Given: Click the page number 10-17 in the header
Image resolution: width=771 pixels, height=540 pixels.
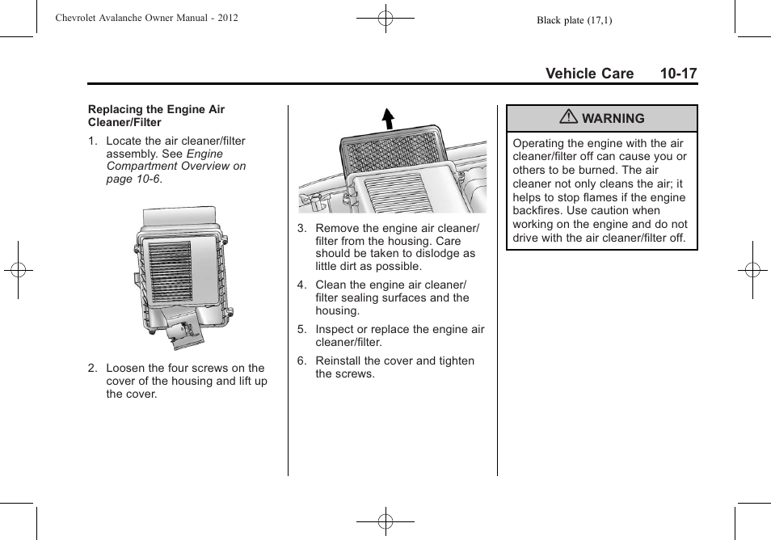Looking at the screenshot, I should (677, 74).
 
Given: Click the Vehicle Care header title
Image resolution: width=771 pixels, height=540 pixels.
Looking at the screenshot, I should (589, 74).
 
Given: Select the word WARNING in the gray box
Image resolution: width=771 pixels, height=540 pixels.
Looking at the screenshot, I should (613, 118).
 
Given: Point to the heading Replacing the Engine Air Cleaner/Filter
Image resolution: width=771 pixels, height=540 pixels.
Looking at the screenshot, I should (156, 116).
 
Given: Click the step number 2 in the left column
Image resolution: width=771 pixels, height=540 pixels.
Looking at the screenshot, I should (92, 368).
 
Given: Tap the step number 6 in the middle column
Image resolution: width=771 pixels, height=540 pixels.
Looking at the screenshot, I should (301, 361).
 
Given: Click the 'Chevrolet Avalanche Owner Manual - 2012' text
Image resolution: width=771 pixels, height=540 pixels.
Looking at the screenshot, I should (146, 18).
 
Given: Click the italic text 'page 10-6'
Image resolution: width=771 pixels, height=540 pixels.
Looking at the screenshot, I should (133, 179).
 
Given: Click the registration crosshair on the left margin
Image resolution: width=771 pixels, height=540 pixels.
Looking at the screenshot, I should (17, 270).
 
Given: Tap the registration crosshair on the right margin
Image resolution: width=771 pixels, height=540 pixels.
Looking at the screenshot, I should (752, 270).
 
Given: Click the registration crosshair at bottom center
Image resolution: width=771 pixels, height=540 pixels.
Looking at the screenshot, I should (385, 521).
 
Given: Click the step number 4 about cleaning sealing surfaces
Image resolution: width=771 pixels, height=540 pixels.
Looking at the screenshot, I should (301, 285).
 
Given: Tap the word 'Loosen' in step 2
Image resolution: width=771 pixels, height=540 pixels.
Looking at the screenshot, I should (125, 368).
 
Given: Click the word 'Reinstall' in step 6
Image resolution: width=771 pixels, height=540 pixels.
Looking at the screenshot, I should (338, 361).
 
